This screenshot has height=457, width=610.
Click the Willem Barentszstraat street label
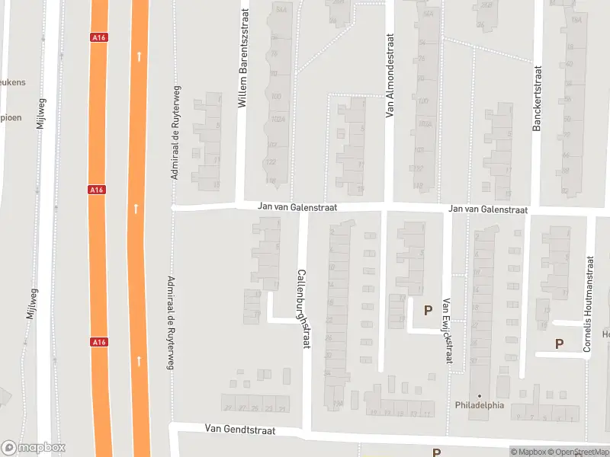tap(244, 58)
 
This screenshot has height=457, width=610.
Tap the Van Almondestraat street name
tap(390, 75)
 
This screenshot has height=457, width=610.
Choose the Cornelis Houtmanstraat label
tap(588, 304)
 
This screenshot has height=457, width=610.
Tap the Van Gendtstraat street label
tap(239, 430)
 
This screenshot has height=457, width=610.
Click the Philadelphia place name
tap(480, 405)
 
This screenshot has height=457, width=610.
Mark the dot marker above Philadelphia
tap(480, 395)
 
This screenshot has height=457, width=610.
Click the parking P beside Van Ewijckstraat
tap(428, 310)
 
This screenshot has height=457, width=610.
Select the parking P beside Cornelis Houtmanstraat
tap(559, 344)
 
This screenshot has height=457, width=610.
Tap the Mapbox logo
tap(34, 448)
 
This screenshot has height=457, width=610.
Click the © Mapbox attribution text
tap(528, 452)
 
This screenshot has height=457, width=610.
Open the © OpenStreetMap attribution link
tap(579, 452)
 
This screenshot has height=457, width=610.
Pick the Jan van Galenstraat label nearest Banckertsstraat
tap(488, 209)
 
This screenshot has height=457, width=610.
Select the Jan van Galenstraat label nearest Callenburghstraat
tap(297, 207)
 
